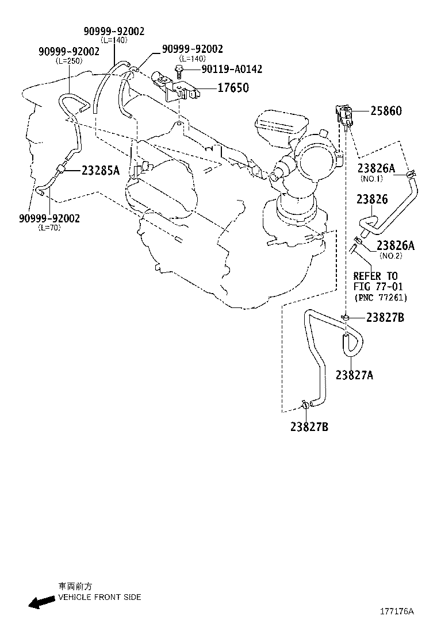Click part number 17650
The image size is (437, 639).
233,87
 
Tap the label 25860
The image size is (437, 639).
386,111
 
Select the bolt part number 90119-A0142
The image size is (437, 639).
232,69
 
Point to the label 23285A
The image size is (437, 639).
101,170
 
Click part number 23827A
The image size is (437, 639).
354,375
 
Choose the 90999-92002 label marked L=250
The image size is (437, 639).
69,51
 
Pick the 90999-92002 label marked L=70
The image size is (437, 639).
49,218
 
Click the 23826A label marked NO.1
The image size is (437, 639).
376,168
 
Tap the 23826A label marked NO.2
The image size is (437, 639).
395,245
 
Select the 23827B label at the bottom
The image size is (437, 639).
309,427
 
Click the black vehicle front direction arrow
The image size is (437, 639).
41,602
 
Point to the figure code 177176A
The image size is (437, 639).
397,611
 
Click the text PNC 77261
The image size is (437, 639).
381,298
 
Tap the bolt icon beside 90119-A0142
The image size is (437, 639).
179,70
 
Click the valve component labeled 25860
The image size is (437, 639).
344,116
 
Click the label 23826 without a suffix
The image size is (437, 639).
372,199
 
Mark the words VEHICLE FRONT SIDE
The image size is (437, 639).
99,597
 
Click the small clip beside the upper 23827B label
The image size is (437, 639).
345,317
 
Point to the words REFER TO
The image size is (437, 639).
375,276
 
